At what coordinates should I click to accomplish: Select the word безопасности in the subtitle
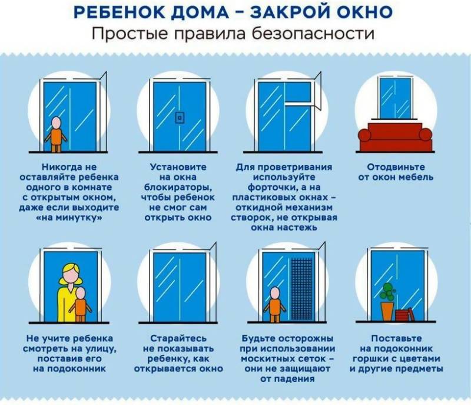pos(313,34)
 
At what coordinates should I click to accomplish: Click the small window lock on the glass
pos(180,118)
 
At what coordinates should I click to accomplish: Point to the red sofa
pos(395,137)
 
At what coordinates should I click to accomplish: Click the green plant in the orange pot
pos(387,292)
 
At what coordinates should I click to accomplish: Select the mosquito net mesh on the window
pos(302,289)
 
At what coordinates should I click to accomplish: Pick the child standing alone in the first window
pos(56,134)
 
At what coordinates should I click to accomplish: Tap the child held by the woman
pos(80,305)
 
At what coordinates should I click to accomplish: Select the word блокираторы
pos(178,187)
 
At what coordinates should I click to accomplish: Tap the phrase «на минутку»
pos(69,218)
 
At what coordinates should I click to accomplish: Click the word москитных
pos(266,358)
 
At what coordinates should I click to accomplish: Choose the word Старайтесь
pos(178,338)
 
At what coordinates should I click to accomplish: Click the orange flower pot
pos(387,311)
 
